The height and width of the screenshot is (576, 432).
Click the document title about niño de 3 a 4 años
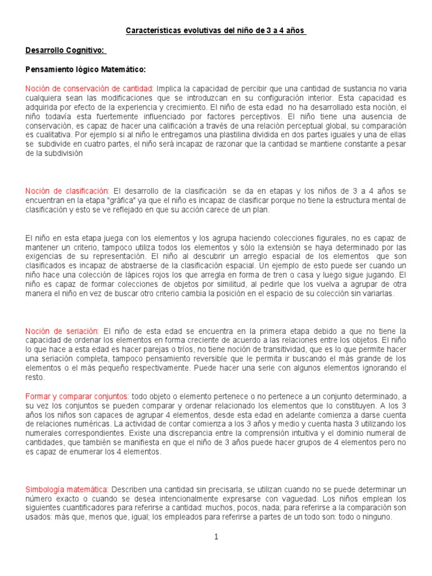click(x=215, y=30)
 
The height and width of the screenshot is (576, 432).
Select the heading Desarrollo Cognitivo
click(x=66, y=50)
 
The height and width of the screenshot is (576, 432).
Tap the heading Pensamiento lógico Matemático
click(x=85, y=70)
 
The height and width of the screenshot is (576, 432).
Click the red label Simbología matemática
click(x=67, y=489)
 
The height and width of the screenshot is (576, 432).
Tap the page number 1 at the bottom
click(x=216, y=537)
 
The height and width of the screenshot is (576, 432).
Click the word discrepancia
click(x=201, y=434)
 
